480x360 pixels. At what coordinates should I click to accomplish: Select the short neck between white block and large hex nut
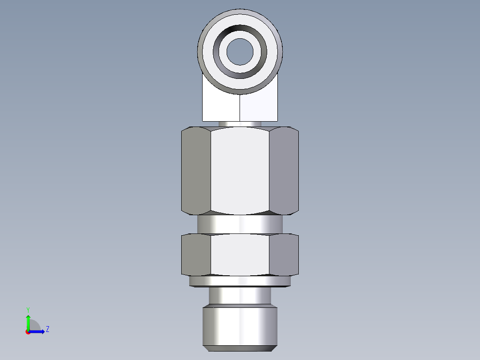pos(240,124)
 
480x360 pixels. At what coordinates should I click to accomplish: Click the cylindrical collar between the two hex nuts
pos(240,224)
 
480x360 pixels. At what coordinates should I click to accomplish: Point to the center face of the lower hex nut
pos(240,254)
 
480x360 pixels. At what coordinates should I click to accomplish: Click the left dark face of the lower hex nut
pos(196,254)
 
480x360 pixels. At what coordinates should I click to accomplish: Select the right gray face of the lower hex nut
pos(284,254)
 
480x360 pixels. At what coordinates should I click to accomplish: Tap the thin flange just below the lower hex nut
pos(240,281)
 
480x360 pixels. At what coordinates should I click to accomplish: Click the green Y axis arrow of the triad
pos(28,321)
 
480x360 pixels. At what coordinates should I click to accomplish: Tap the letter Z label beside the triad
pos(47,329)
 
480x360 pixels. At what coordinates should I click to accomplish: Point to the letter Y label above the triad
pos(28,309)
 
